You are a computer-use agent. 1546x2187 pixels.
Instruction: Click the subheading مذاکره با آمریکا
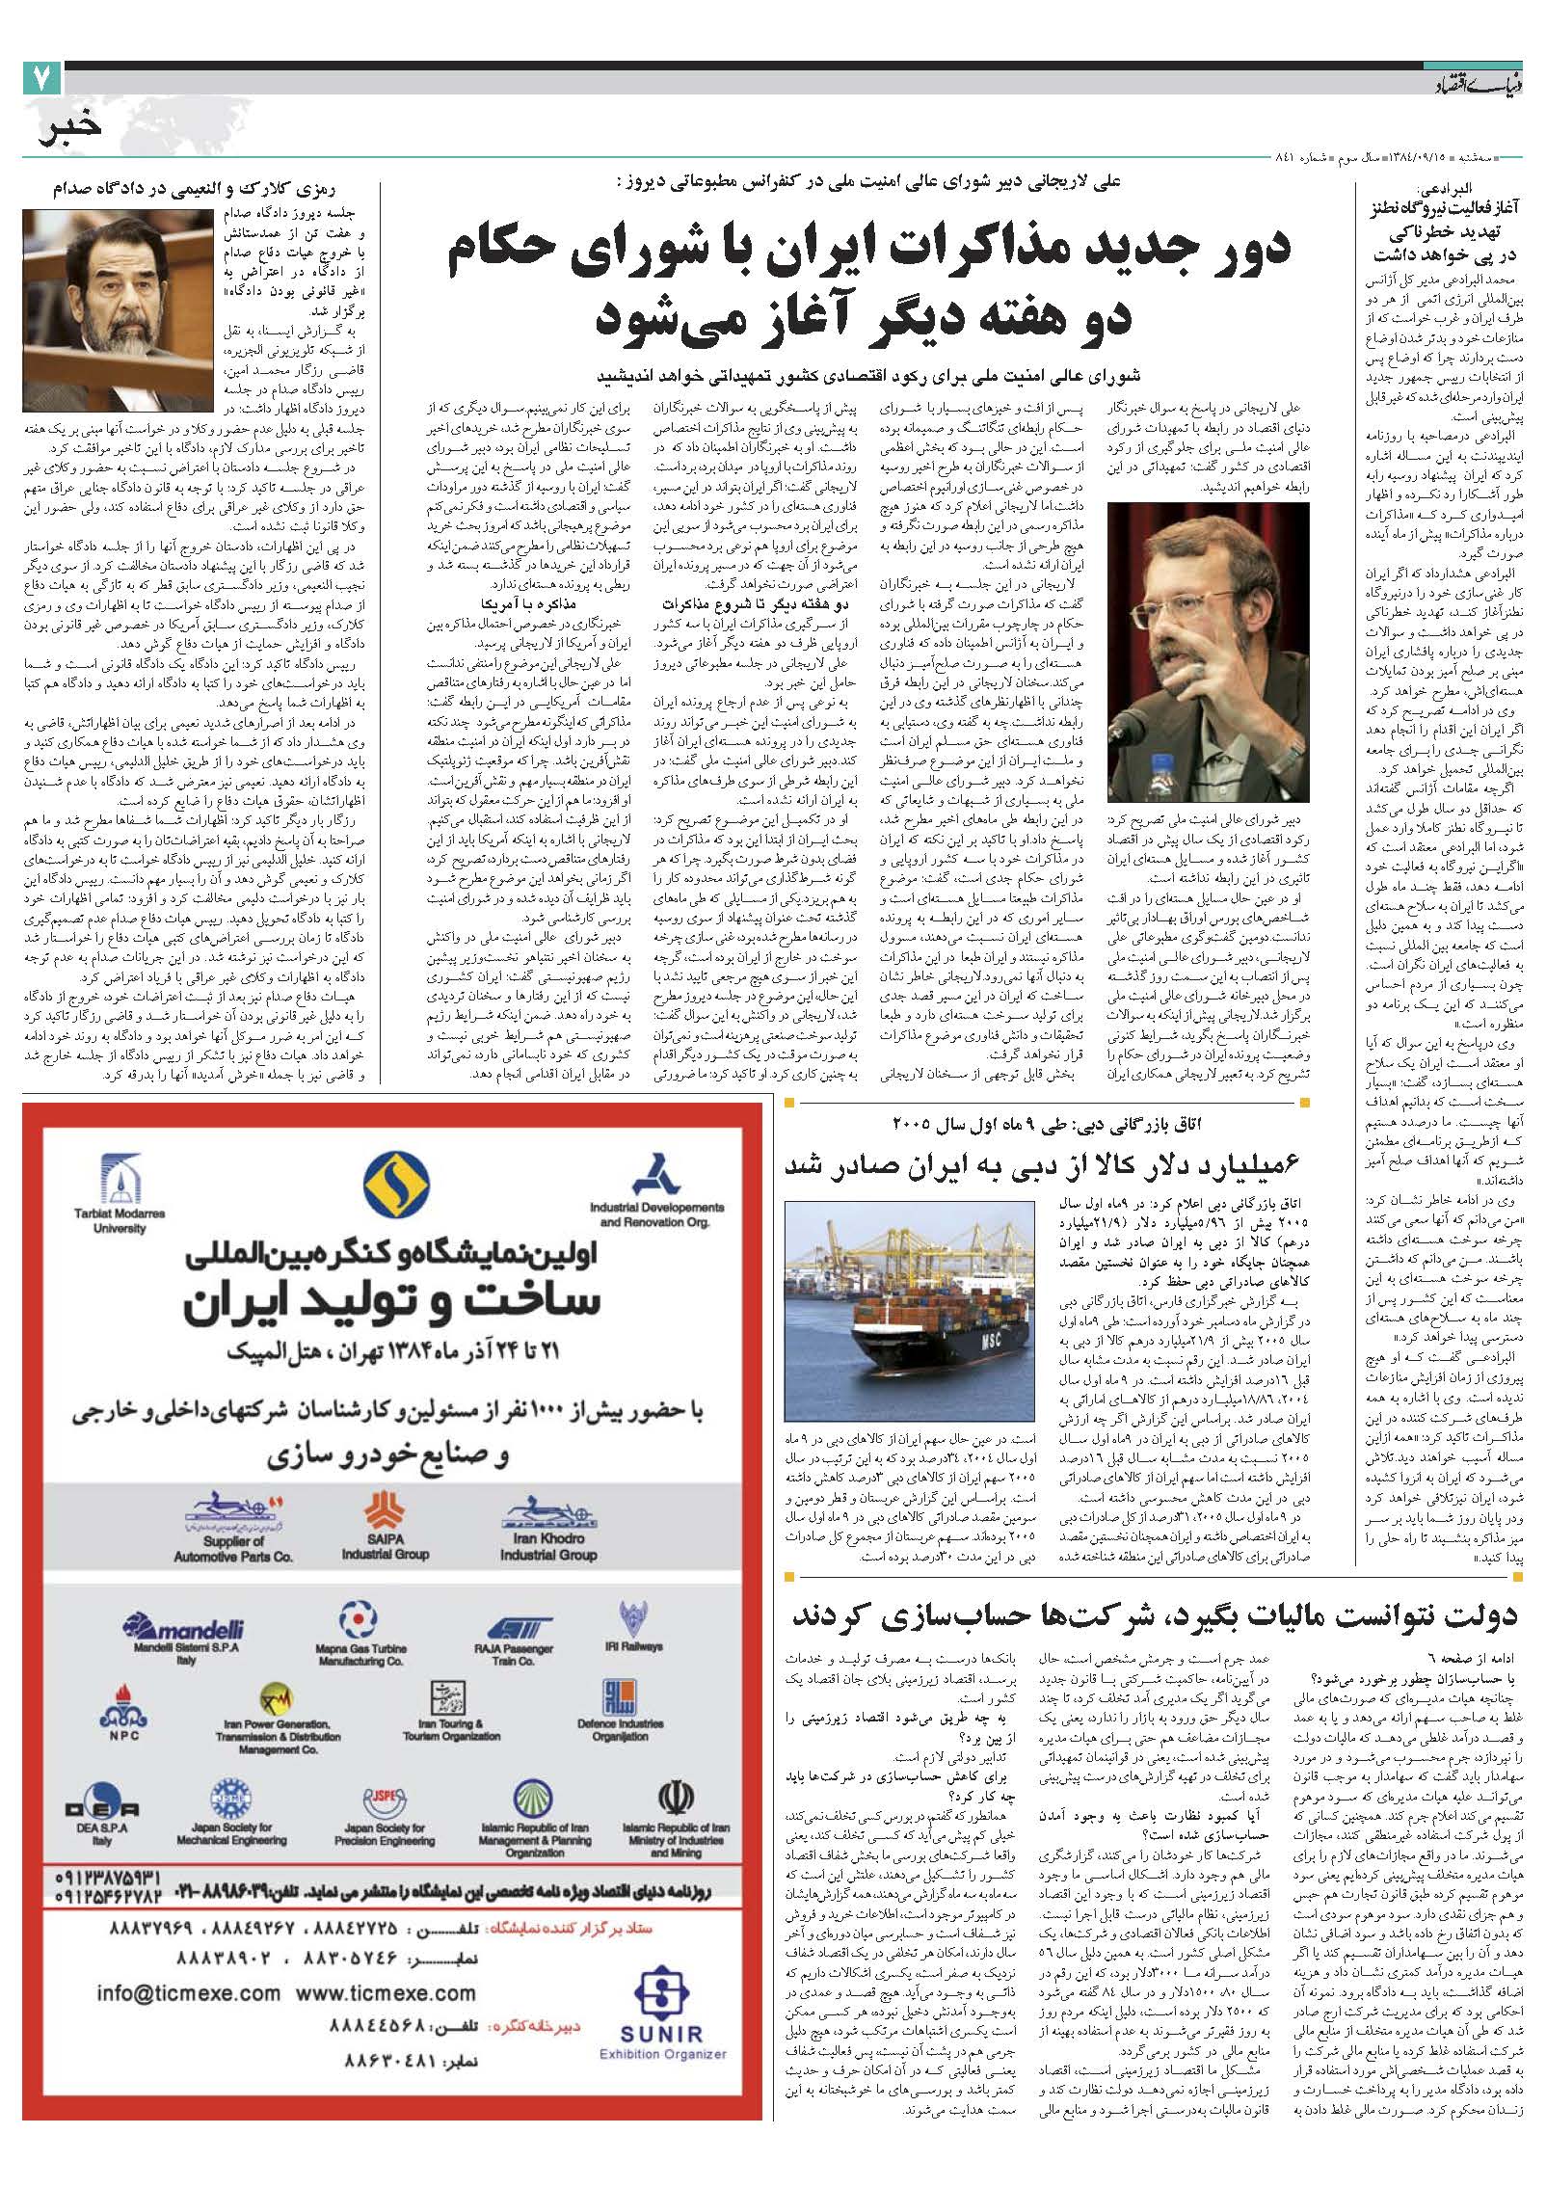(x=536, y=603)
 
